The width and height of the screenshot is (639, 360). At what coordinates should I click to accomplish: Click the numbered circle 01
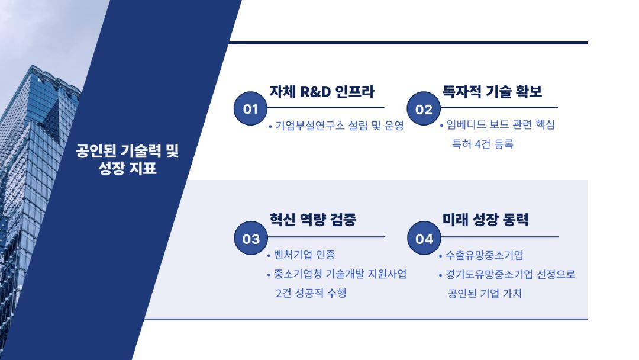[x=250, y=108]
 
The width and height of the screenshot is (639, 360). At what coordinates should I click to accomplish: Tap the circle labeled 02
[x=424, y=108]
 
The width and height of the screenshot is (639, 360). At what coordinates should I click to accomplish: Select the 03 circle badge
[x=251, y=238]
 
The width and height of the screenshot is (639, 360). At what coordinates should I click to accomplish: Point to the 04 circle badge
[x=424, y=238]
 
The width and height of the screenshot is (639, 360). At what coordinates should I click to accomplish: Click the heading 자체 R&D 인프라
[x=321, y=92]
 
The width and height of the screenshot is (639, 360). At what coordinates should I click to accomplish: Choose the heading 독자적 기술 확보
[x=492, y=91]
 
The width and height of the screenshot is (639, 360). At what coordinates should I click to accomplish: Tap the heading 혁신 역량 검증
[x=312, y=219]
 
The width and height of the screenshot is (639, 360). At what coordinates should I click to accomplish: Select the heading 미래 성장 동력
[x=485, y=219]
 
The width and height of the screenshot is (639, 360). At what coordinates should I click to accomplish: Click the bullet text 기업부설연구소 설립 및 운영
[x=340, y=125]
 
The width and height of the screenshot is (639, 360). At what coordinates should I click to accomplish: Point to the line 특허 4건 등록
[x=483, y=144]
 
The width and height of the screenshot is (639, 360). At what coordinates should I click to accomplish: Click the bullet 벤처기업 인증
[x=305, y=255]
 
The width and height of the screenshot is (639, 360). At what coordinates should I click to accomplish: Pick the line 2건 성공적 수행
[x=311, y=292]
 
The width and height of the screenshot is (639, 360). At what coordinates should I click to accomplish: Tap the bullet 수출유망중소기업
[x=484, y=255]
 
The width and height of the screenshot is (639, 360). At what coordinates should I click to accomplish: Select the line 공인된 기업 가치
[x=485, y=294]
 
